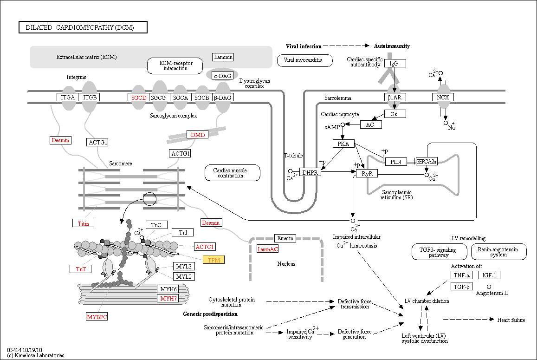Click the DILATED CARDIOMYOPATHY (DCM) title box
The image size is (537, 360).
point(83,27)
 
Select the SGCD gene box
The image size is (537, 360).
point(139,98)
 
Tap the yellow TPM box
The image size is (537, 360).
point(214,260)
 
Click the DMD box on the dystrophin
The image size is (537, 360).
point(198,135)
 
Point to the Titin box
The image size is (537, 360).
point(83,223)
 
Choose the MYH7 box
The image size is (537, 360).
point(168,299)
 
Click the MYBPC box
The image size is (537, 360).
point(97,317)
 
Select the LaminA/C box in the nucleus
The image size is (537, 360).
point(267,249)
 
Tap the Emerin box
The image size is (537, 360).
point(285,238)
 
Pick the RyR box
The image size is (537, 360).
point(367,173)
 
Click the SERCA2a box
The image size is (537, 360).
point(427,162)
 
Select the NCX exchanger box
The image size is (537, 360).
point(443,98)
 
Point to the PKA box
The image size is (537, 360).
point(343,144)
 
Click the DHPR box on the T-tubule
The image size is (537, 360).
point(310,172)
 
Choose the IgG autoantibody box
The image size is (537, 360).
point(395,64)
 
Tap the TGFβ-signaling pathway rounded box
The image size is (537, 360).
point(439,252)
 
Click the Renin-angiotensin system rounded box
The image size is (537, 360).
point(498,252)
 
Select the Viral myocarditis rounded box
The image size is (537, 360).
point(304,60)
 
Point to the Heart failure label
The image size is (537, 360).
point(511,320)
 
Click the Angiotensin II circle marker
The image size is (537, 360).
point(489,287)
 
